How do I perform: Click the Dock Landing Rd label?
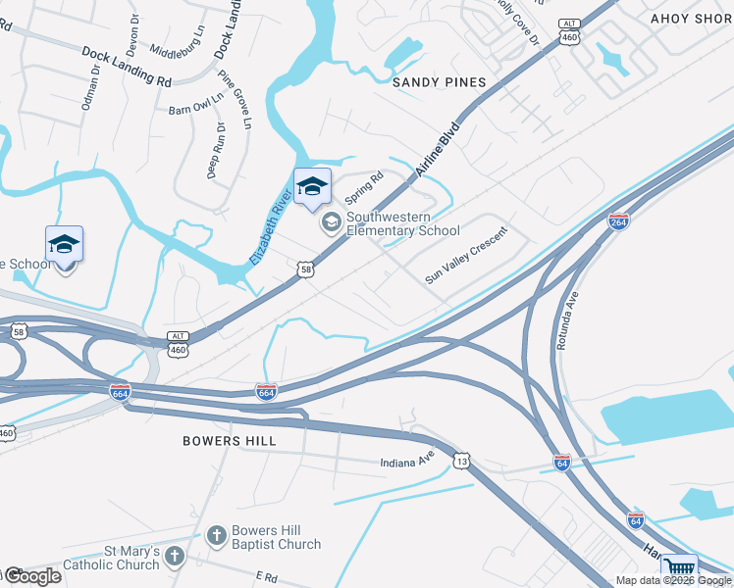[127, 67]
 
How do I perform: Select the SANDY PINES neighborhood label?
[440, 82]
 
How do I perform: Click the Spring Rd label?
[362, 184]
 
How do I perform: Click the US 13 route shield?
[462, 460]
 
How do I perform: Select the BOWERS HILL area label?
[225, 441]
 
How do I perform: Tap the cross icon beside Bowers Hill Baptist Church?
[217, 537]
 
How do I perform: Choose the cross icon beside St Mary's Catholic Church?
[174, 558]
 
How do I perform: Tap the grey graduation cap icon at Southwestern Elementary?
[331, 223]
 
